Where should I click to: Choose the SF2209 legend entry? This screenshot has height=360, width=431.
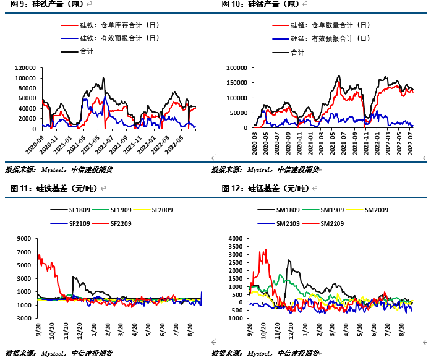pyautogui.click(x=121, y=223)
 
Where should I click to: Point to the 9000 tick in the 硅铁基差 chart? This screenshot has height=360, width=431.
pyautogui.click(x=25, y=238)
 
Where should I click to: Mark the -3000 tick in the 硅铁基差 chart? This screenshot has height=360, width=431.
pyautogui.click(x=23, y=319)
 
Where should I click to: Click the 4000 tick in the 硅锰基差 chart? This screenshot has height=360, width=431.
pyautogui.click(x=236, y=238)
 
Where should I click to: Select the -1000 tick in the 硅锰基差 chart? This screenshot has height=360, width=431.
pyautogui.click(x=235, y=319)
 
